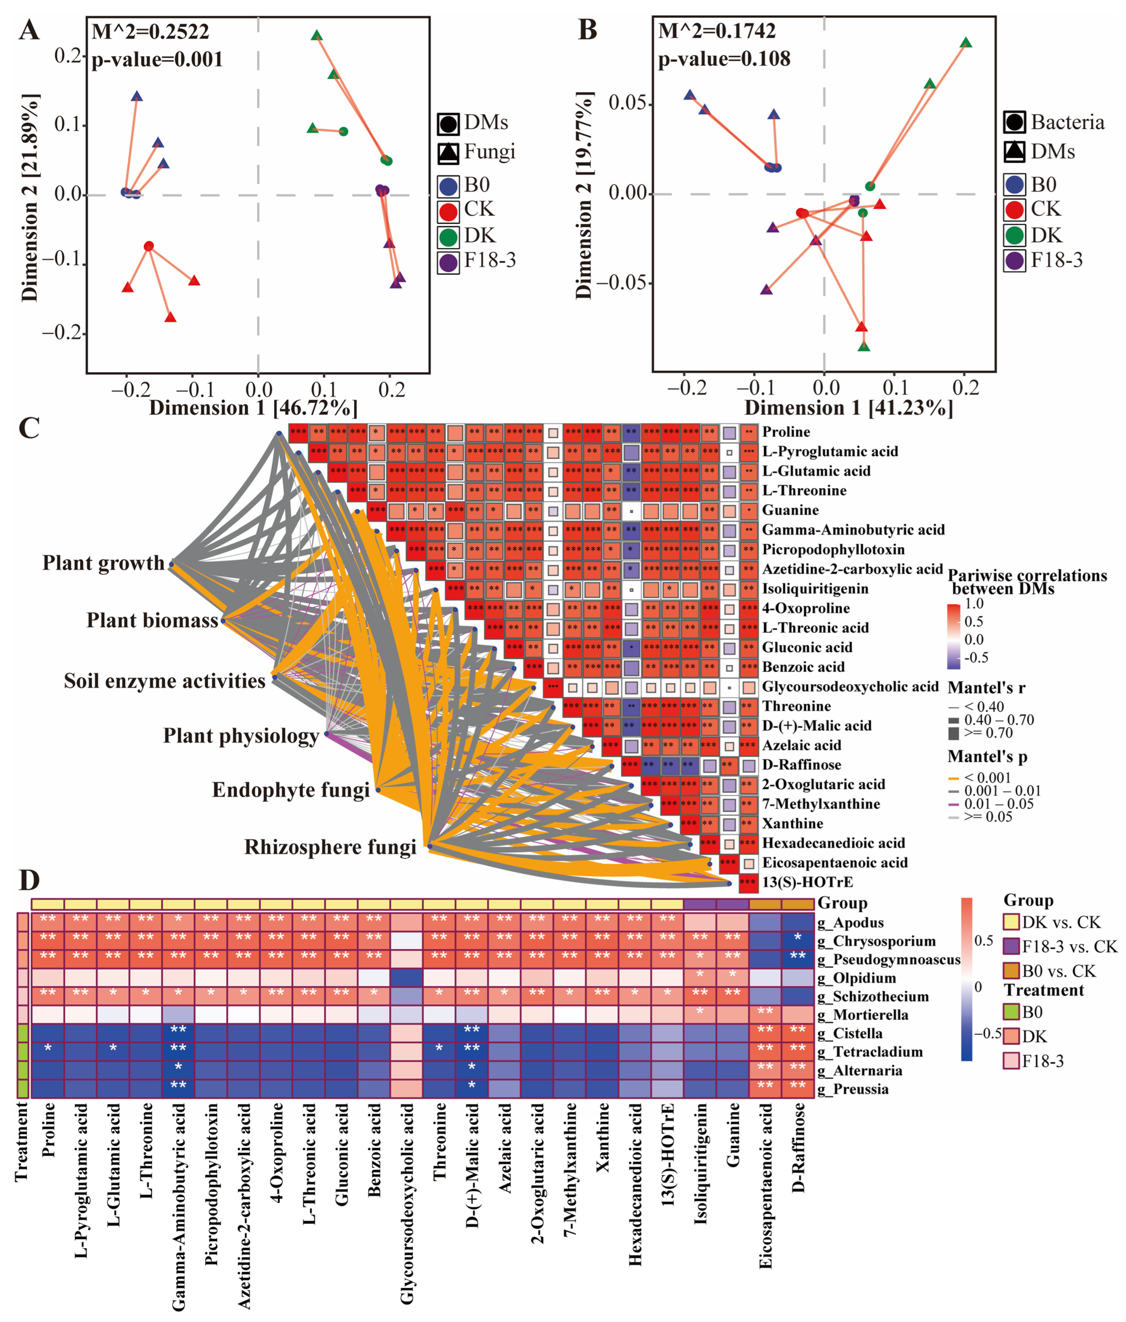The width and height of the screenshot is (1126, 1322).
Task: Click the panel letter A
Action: [29, 30]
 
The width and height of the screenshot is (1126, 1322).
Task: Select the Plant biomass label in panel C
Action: [152, 620]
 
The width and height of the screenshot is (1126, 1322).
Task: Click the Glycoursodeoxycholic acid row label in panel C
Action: [850, 687]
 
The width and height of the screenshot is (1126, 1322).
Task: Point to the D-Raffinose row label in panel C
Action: [801, 764]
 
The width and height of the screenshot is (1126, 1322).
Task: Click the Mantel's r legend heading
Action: [986, 688]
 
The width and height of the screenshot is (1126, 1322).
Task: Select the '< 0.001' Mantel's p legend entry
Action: [987, 778]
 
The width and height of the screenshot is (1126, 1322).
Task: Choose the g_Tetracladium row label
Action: [869, 1052]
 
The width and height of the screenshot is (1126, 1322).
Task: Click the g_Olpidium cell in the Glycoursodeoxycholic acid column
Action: [407, 978]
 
